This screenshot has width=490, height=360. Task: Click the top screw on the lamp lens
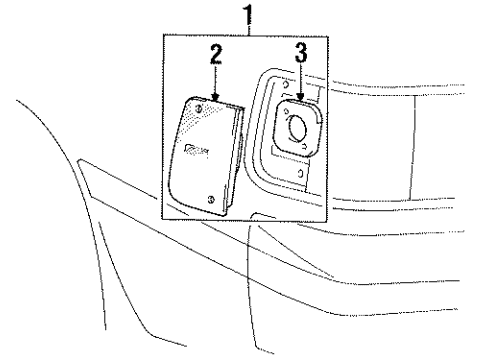click(x=201, y=107)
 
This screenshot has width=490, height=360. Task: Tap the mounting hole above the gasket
click(x=300, y=82)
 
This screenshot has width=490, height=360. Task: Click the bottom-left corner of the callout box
click(x=161, y=219)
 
